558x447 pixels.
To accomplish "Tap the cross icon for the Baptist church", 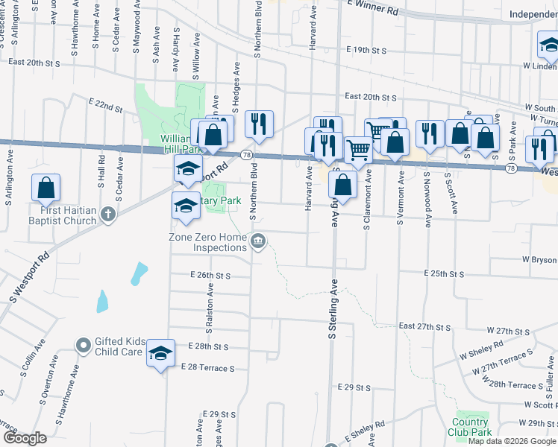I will click(108, 215).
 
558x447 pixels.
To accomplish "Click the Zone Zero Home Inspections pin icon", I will click(259, 240).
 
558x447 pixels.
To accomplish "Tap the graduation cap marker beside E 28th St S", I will click(160, 353).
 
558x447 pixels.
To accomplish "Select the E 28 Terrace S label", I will click(207, 368).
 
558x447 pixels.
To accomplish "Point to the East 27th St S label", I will click(425, 326).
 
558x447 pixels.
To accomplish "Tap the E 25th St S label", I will click(444, 274).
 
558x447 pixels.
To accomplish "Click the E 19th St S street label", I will click(366, 50).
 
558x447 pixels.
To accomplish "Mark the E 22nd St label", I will click(104, 106).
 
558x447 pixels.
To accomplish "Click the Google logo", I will click(25, 438).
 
